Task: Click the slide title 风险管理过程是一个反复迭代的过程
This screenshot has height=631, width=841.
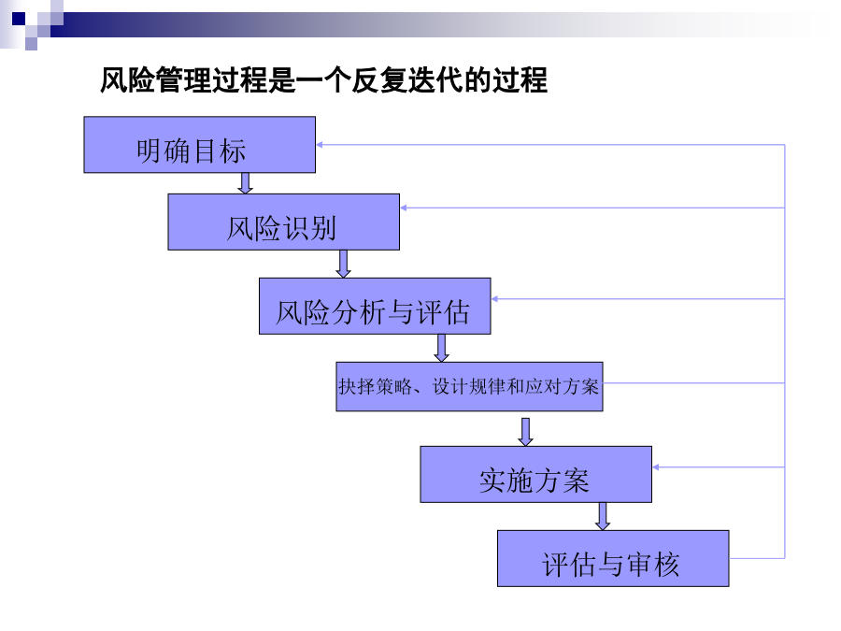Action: point(323,80)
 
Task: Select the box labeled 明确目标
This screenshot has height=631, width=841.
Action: point(200,145)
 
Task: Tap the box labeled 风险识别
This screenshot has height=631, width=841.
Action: point(284,222)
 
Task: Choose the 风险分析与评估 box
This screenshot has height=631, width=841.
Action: point(375,307)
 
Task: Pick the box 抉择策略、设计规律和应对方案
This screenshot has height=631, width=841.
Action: point(469,387)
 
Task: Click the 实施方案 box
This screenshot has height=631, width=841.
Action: point(535,474)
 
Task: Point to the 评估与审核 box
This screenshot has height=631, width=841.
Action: point(613,559)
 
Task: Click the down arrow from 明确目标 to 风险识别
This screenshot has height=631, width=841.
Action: point(245,183)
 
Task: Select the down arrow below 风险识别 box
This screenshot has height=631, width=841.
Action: point(343,264)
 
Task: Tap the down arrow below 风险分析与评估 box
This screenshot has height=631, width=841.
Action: point(441,349)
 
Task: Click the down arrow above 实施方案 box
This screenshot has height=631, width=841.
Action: point(525,432)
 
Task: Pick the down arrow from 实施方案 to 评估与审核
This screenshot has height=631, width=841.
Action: point(603,516)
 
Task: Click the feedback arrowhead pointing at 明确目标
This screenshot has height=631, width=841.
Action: point(320,145)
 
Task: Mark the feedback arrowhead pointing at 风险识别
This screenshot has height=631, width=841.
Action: point(404,208)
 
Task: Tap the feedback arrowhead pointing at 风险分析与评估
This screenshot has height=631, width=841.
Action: point(494,299)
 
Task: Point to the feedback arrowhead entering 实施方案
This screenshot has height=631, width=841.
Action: point(655,467)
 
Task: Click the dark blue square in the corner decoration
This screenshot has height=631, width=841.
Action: point(19,19)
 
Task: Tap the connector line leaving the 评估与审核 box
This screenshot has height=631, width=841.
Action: point(757,559)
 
